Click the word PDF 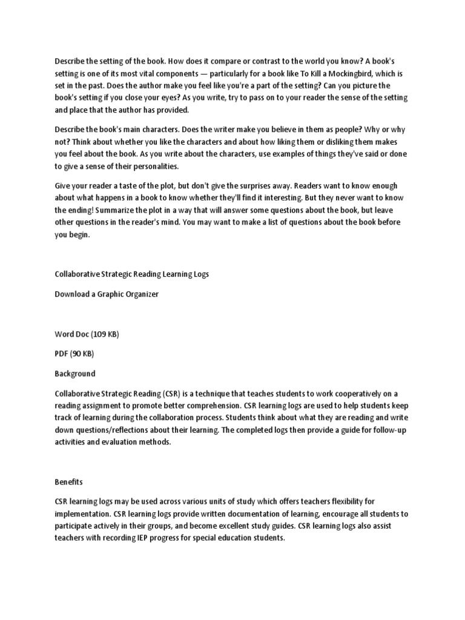point(62,354)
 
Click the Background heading point(74,374)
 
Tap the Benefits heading point(68,482)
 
